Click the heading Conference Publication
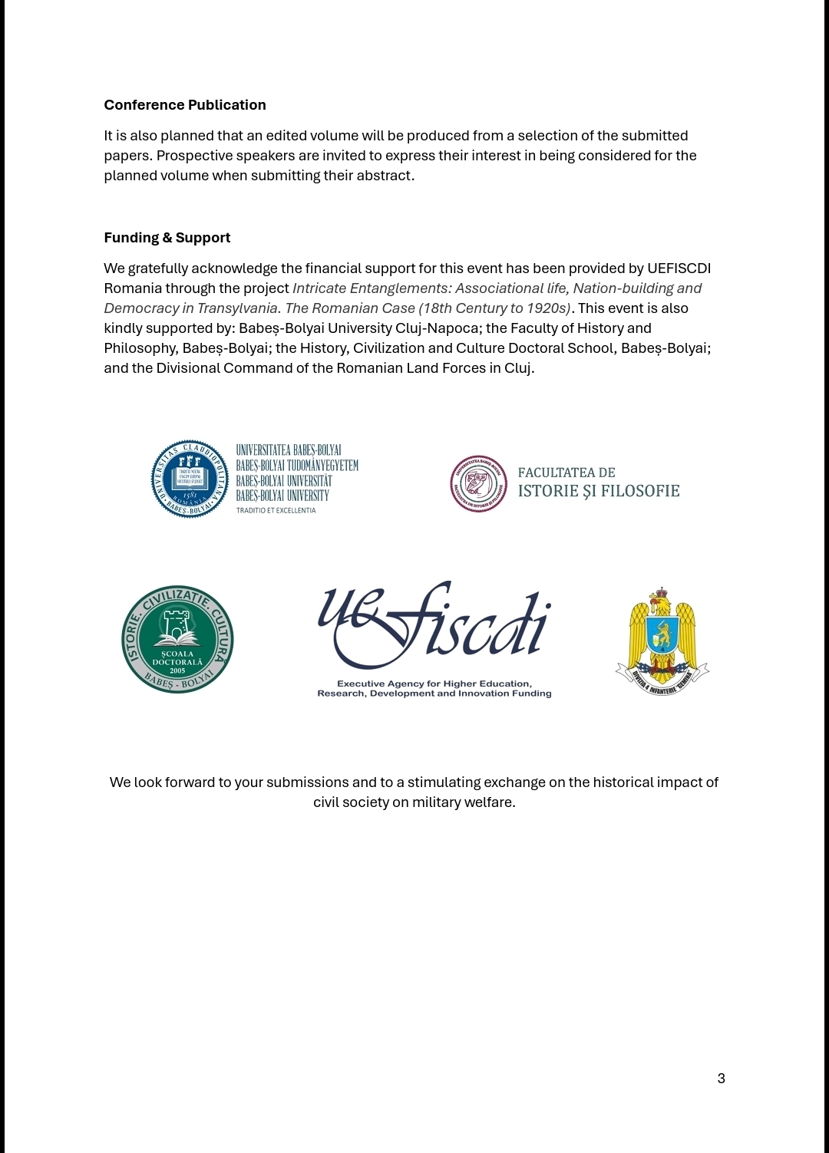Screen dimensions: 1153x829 click(x=185, y=105)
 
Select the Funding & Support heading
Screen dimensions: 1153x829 click(x=167, y=238)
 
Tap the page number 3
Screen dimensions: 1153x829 click(x=721, y=1079)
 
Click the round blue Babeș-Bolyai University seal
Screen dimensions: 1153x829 click(x=190, y=479)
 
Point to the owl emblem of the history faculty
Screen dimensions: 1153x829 click(x=479, y=484)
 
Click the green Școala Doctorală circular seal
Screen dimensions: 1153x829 click(x=177, y=640)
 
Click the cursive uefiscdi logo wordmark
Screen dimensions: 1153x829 click(x=434, y=624)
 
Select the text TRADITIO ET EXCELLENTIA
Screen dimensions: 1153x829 click(x=276, y=510)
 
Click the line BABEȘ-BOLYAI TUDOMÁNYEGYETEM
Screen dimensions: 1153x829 click(x=296, y=466)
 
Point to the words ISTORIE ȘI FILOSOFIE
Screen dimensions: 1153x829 click(x=599, y=491)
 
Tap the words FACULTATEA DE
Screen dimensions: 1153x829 click(x=566, y=473)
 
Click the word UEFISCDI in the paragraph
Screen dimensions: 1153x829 click(x=679, y=268)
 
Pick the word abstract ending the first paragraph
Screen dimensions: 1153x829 click(x=387, y=176)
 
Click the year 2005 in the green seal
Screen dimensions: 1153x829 click(x=177, y=670)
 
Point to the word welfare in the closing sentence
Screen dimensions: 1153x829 click(x=488, y=802)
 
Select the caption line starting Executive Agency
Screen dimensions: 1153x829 click(x=434, y=684)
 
